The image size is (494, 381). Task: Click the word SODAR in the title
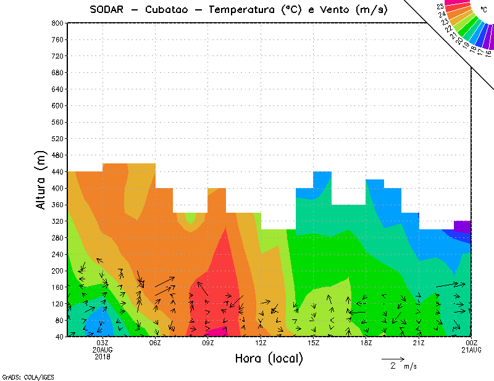point(108,9)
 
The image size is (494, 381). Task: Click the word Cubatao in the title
point(171,9)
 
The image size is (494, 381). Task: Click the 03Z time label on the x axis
point(103,343)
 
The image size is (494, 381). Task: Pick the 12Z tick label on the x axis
point(261,343)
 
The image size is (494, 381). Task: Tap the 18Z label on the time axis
point(366,343)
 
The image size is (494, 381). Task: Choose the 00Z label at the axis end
point(472,343)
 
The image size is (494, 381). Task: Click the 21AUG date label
point(472,350)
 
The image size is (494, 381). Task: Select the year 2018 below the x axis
point(103,356)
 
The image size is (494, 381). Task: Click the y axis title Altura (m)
point(41,179)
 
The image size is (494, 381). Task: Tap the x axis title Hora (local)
point(269,359)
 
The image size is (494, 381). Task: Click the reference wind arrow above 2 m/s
point(393,358)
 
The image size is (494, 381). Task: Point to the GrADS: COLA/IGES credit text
point(23,376)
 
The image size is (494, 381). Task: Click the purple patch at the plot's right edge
point(463,226)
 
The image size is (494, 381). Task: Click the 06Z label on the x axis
point(155,343)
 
